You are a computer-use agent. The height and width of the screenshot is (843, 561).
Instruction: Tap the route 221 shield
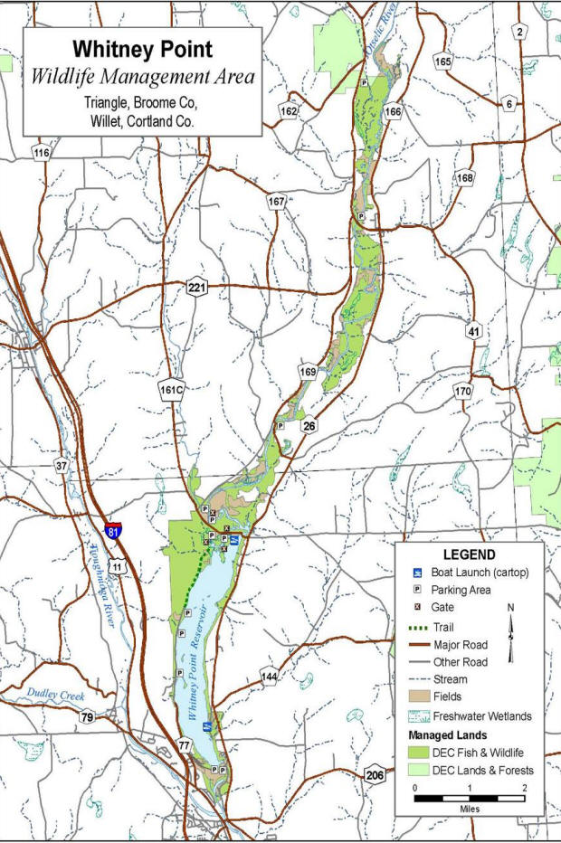[197, 288]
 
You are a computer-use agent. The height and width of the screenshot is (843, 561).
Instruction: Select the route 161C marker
[171, 390]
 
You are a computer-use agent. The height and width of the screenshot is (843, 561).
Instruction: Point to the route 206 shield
[376, 774]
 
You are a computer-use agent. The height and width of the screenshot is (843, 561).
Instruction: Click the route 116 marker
[42, 153]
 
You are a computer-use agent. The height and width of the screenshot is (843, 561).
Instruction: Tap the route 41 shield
[473, 333]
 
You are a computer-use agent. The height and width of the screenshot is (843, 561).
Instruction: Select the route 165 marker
[442, 62]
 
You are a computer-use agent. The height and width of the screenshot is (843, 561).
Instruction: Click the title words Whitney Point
[142, 51]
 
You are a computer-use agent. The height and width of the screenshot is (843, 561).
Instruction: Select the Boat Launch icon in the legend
[415, 573]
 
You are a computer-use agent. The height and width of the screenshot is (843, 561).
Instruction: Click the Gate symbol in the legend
[415, 608]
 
